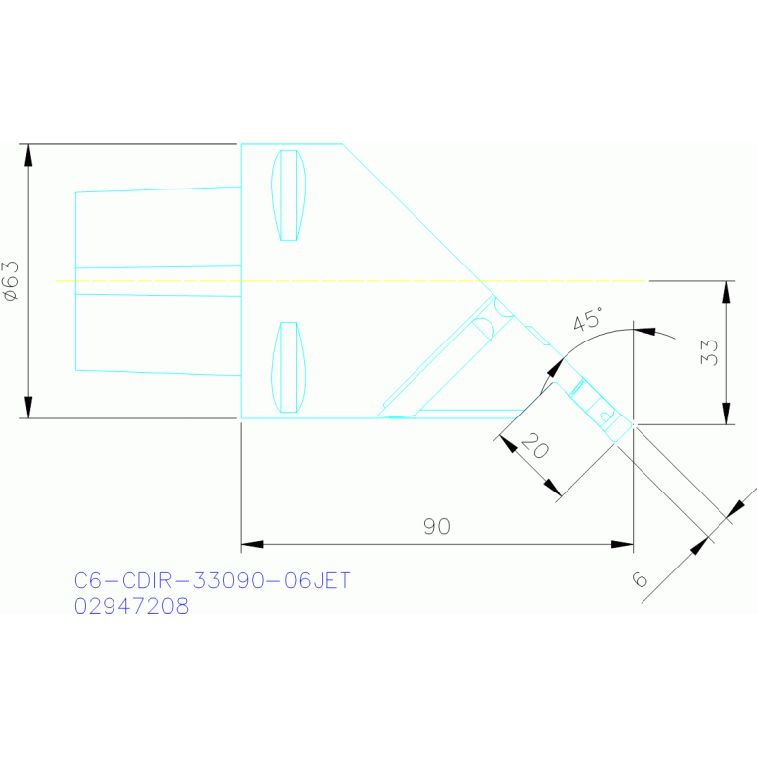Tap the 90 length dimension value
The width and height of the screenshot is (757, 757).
pyautogui.click(x=437, y=526)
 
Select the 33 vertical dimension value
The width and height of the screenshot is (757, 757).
pyautogui.click(x=708, y=352)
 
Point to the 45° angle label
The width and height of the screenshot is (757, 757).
pyautogui.click(x=588, y=320)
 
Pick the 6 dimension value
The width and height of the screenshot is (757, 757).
pyautogui.click(x=641, y=580)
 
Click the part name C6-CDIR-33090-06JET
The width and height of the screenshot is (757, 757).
pyautogui.click(x=212, y=581)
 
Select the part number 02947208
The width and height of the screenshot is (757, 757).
pyautogui.click(x=131, y=606)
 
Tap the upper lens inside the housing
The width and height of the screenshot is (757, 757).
pyautogui.click(x=288, y=194)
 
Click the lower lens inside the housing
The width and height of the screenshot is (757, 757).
pyautogui.click(x=288, y=366)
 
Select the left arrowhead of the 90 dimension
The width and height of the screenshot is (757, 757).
pyautogui.click(x=251, y=544)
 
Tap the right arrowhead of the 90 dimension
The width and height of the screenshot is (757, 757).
pyautogui.click(x=623, y=544)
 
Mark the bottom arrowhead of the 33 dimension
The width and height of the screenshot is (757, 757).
pyautogui.click(x=727, y=415)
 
